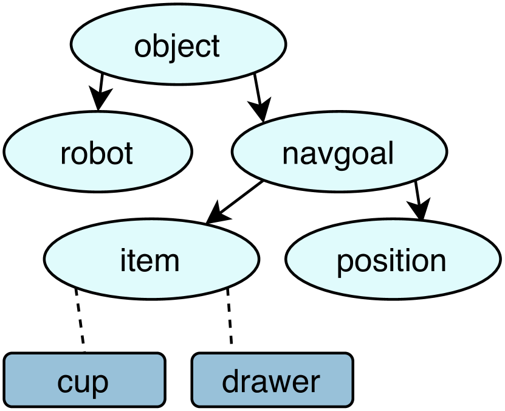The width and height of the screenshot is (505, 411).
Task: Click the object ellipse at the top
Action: pyautogui.click(x=178, y=46)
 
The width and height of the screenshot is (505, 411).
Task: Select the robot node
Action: pyautogui.click(x=97, y=153)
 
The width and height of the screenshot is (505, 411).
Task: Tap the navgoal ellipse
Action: pyautogui.click(x=338, y=153)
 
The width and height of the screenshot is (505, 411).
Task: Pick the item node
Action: pyautogui.click(x=151, y=260)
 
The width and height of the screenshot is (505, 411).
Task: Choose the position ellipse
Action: pyautogui.click(x=392, y=260)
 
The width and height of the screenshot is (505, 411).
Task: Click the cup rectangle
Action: pyautogui.click(x=84, y=381)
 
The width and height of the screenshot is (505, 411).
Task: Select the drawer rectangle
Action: pyautogui.click(x=272, y=381)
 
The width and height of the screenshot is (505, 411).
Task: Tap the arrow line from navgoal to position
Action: pyautogui.click(x=417, y=193)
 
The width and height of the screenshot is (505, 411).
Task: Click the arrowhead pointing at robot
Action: pyautogui.click(x=97, y=100)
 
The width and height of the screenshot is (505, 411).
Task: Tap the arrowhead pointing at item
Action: pyautogui.click(x=216, y=215)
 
